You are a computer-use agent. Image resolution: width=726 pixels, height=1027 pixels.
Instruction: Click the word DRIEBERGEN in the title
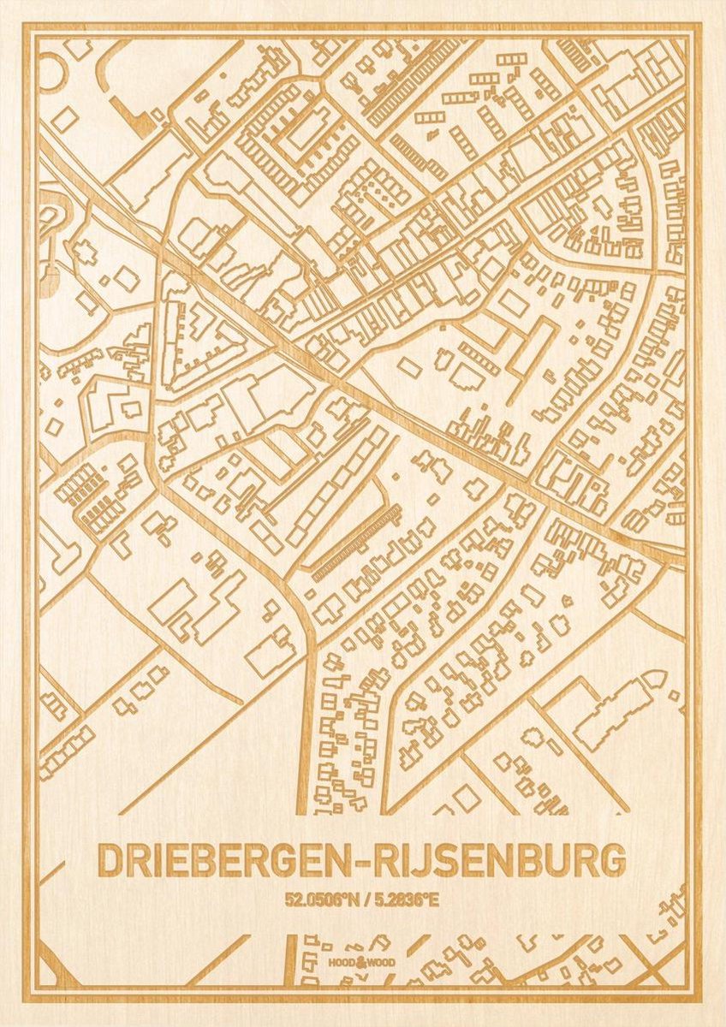(225, 861)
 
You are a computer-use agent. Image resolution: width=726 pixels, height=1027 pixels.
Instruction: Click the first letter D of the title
(110, 861)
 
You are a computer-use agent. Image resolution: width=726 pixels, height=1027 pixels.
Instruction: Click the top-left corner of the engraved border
(27, 27)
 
